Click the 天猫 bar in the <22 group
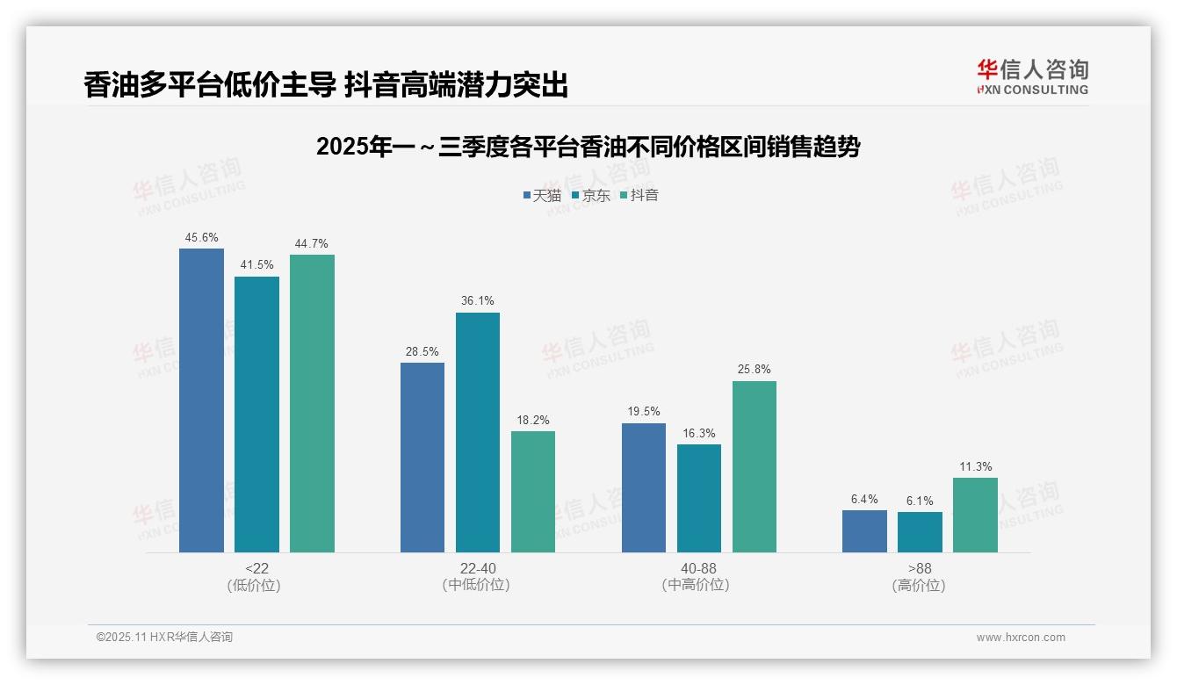[x=201, y=400]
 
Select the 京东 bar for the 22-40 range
[x=478, y=432]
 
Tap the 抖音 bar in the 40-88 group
[x=755, y=466]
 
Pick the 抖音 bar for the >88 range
[x=975, y=515]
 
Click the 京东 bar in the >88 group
[x=920, y=532]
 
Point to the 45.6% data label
[x=201, y=237]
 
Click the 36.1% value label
[x=478, y=301]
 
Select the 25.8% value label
[x=755, y=370]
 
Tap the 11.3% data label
[x=975, y=466]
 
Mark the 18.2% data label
[x=533, y=420]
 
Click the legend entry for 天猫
[x=542, y=196]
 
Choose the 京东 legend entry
[x=591, y=196]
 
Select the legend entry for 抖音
[x=639, y=196]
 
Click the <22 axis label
[x=257, y=568]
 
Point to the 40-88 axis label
[x=698, y=568]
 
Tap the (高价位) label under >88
[x=920, y=586]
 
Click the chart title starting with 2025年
[x=588, y=147]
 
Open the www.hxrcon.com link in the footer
[x=1021, y=638]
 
